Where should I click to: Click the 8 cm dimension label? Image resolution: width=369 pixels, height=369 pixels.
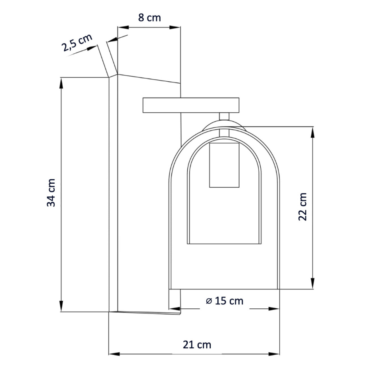tap(150, 18)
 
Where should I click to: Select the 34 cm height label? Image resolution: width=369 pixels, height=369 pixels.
tap(51, 193)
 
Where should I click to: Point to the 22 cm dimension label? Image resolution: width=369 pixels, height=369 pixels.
tap(303, 207)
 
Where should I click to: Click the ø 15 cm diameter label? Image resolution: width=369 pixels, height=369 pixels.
tap(225, 301)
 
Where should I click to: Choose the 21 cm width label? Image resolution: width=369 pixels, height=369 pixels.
tap(197, 345)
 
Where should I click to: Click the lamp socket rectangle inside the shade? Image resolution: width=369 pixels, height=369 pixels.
tap(224, 165)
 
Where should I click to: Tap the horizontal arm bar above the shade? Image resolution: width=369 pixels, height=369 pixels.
tap(191, 105)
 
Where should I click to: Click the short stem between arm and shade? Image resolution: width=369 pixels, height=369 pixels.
tap(224, 117)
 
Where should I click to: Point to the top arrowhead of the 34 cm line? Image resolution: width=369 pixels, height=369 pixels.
tap(61, 83)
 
